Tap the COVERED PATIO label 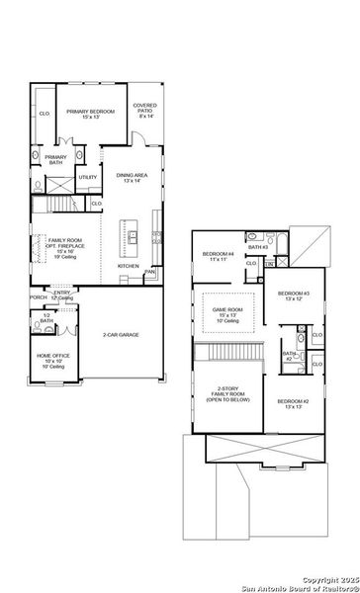(147, 111)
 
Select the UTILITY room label (88, 177)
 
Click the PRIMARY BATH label (55, 158)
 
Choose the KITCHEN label (129, 266)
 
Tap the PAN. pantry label (149, 272)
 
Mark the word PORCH (38, 296)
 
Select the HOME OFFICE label (52, 358)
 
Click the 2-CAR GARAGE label (121, 335)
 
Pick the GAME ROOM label (227, 312)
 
